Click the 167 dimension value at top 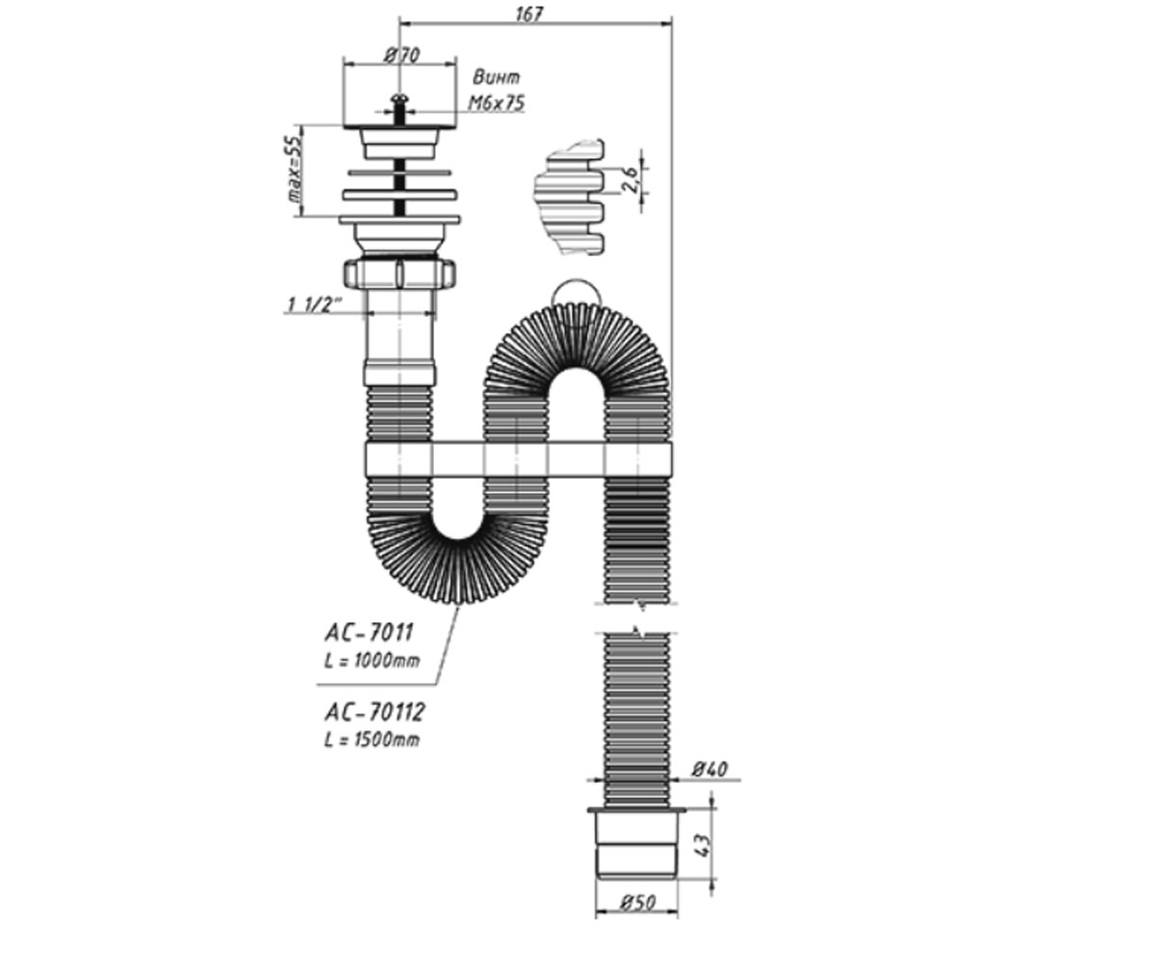point(530,13)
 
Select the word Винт point(496,78)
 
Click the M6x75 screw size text point(497,103)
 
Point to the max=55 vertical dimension point(295,169)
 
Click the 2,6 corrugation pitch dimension point(630,179)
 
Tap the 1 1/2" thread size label point(314,304)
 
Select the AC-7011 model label point(369,632)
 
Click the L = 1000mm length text point(372,661)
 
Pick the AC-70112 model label point(374,712)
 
